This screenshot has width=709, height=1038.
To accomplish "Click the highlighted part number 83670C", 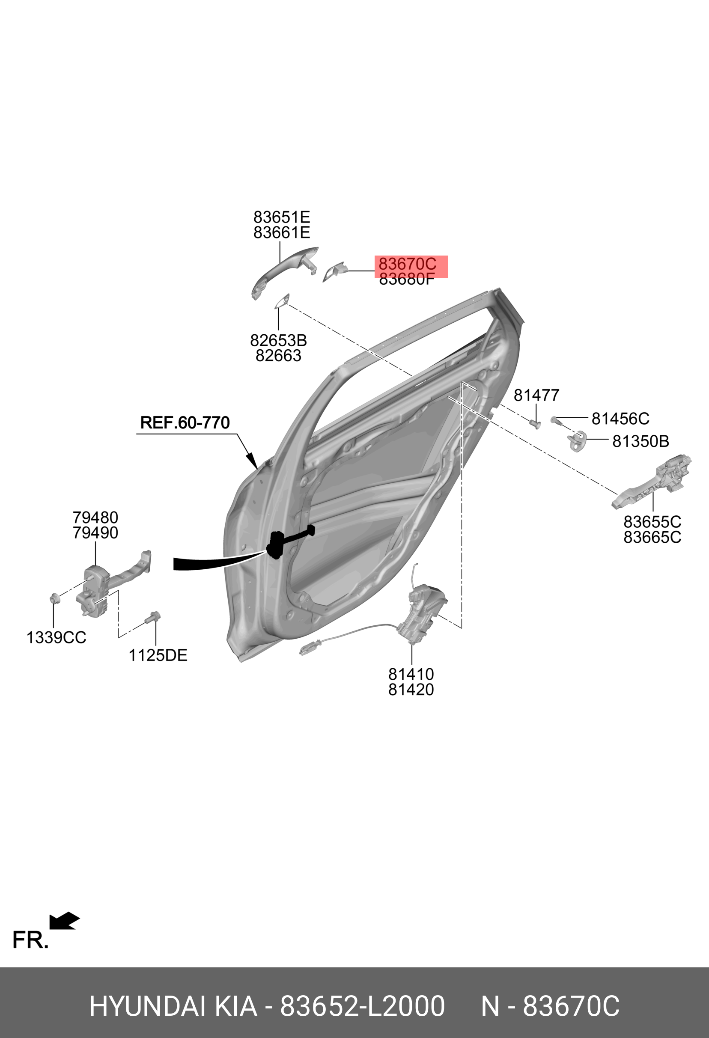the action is (x=407, y=264).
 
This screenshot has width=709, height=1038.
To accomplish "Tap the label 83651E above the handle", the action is (x=281, y=217).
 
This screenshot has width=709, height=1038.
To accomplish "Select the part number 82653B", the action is (x=278, y=341).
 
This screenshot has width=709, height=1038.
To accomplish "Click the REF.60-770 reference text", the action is (x=185, y=422).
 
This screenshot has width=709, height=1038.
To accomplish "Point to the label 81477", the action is (x=536, y=395).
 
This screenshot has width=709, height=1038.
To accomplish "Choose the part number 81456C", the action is (x=620, y=419).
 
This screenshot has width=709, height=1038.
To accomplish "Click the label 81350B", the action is (x=640, y=441).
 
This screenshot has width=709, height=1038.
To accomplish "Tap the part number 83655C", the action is (x=652, y=522).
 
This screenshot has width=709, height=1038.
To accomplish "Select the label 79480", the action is (x=95, y=518).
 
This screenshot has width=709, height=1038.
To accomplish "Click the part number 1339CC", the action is (x=56, y=637).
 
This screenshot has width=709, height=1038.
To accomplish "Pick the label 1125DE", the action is (x=158, y=655).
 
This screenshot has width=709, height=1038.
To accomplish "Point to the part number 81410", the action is (x=411, y=674).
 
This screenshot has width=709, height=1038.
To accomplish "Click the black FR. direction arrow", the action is (x=64, y=921).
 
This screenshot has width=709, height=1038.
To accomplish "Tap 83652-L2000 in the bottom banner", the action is (x=362, y=1006).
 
